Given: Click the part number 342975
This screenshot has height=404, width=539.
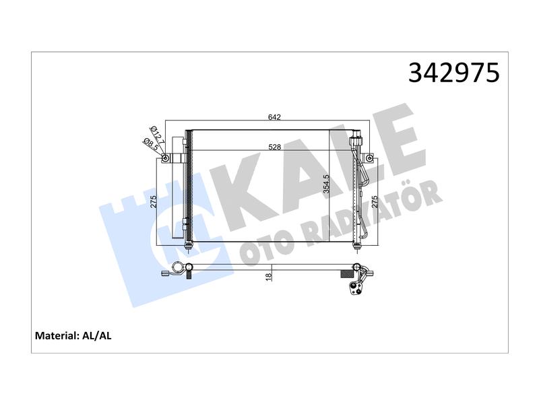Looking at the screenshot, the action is click(453, 73).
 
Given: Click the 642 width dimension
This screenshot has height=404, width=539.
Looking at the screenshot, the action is click(274, 117).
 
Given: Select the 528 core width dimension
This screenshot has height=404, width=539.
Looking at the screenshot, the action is click(275, 147).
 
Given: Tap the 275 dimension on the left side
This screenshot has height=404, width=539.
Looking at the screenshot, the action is click(154, 201).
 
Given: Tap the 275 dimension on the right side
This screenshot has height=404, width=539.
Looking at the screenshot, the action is click(375, 201).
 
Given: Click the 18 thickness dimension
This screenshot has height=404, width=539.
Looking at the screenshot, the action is click(269, 275).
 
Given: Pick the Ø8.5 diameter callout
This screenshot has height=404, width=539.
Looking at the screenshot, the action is click(150, 145).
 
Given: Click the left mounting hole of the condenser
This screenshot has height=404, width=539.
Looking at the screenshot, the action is click(165, 158).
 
